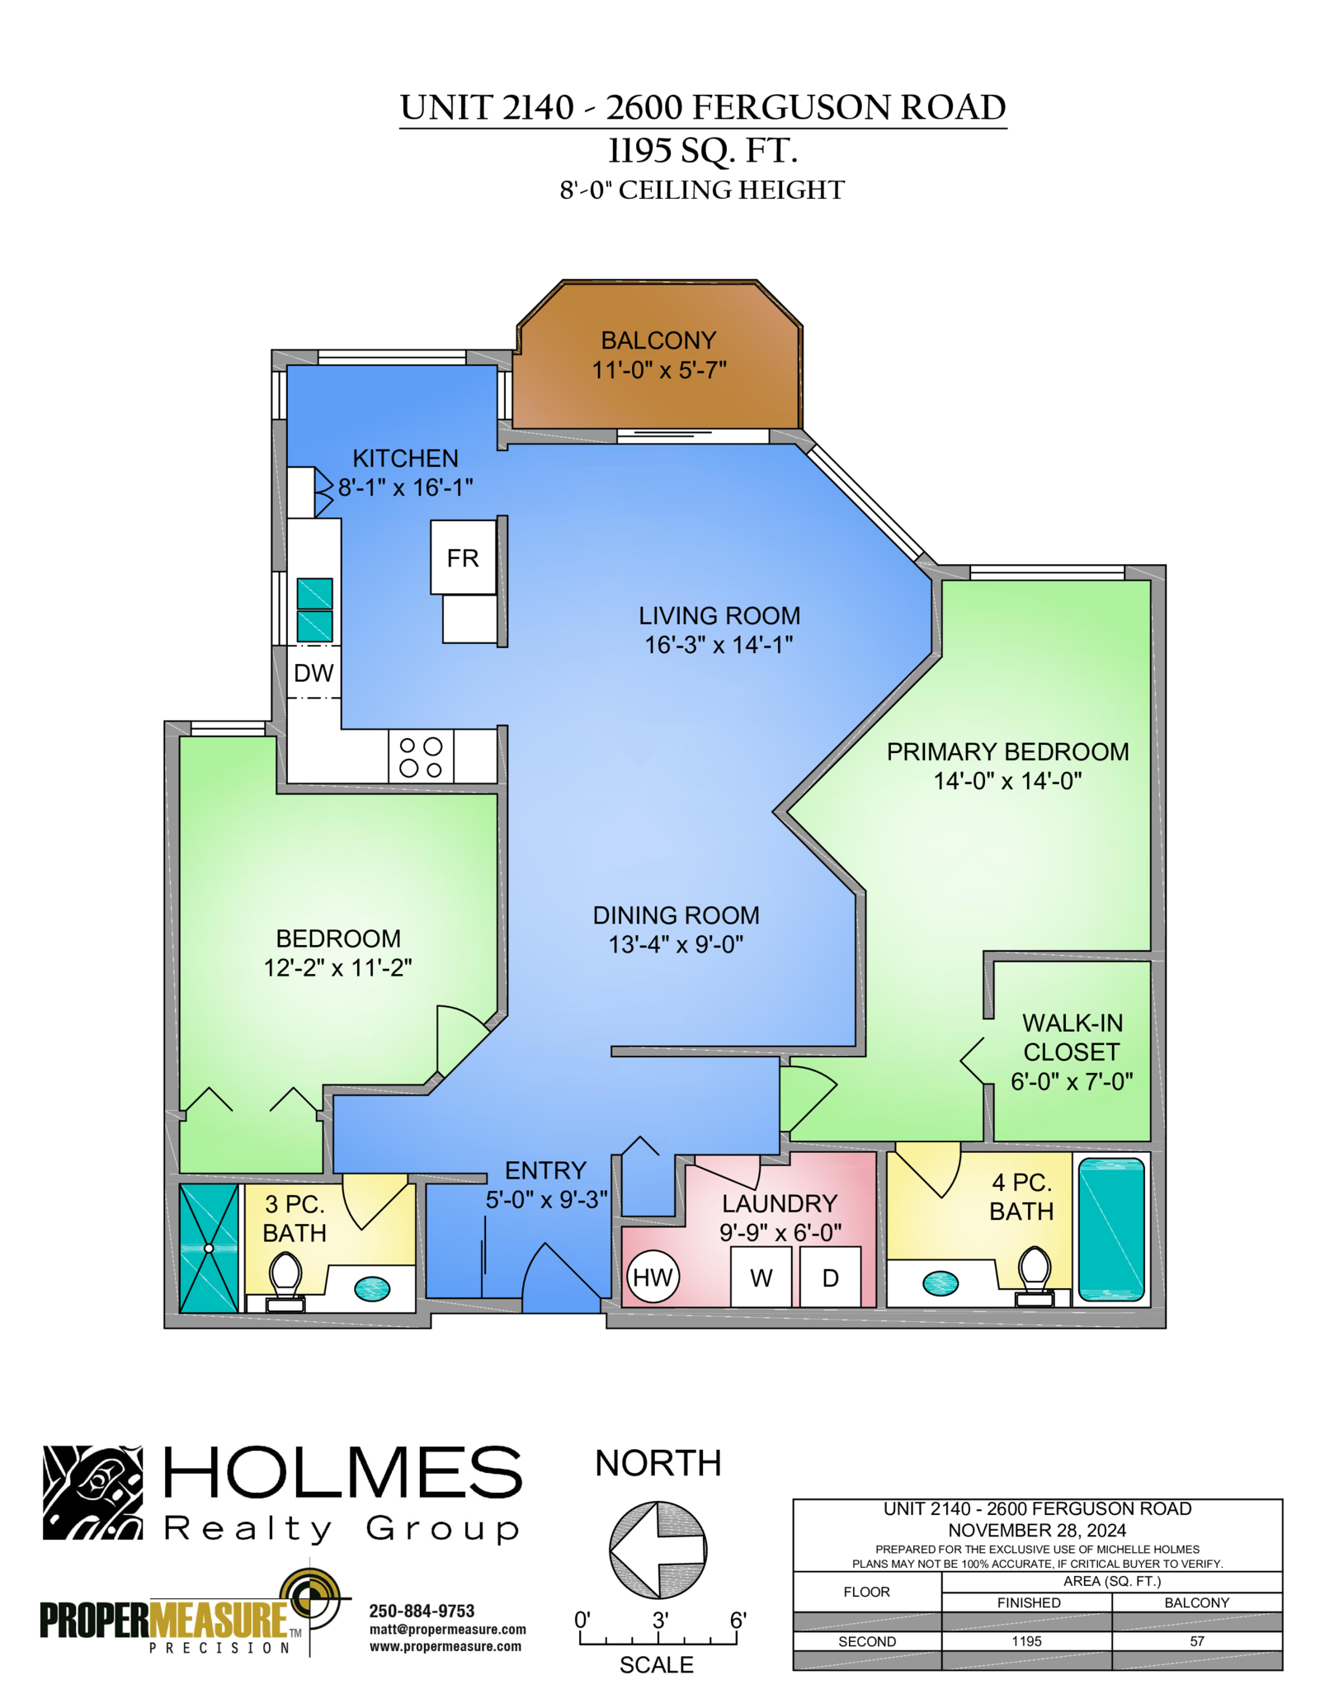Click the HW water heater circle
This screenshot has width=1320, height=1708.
pos(652,1277)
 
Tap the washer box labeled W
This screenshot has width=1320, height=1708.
pos(761,1277)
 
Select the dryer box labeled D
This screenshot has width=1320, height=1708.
pos(830,1277)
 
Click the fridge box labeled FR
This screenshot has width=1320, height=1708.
pos(463,558)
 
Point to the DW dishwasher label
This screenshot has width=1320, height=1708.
pos(313,673)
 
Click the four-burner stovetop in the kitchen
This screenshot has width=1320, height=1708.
pos(421,756)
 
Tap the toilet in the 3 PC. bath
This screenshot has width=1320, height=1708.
pos(285,1282)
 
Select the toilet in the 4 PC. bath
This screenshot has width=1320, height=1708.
pos(1035,1276)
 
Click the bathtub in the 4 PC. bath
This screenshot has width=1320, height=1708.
pos(1111,1229)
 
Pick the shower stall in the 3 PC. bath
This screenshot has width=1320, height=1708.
pos(209,1248)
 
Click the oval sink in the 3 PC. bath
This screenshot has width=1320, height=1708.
pos(372,1288)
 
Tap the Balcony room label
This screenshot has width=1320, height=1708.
pos(658,341)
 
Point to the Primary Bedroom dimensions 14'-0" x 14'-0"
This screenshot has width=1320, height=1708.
pos(1007,780)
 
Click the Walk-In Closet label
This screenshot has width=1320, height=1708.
pos(1072,1038)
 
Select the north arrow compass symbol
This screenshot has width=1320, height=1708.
pos(658,1550)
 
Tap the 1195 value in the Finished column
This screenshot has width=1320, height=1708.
pos(1026,1641)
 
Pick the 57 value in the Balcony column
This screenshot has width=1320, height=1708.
pos(1197,1641)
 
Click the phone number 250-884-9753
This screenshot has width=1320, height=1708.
pos(422,1611)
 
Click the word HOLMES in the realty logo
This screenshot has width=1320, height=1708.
pos(343,1472)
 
